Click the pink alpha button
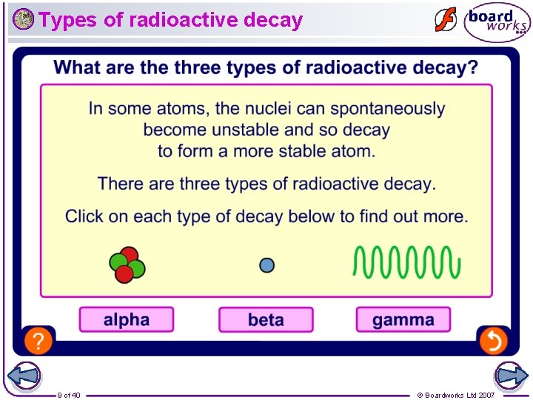(127, 320)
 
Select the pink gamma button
(403, 320)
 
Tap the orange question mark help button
(38, 341)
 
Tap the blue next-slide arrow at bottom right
(511, 376)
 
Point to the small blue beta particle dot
(267, 264)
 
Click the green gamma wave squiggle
(406, 262)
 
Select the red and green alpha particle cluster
(127, 264)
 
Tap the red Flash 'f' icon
(446, 20)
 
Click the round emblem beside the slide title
(23, 19)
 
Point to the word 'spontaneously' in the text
(387, 109)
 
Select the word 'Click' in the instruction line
(85, 217)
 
